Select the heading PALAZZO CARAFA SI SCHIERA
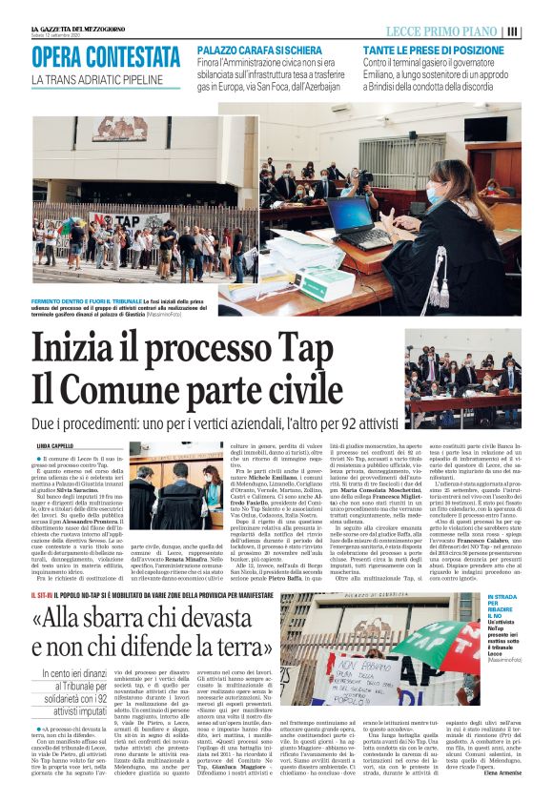[x=262, y=48]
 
